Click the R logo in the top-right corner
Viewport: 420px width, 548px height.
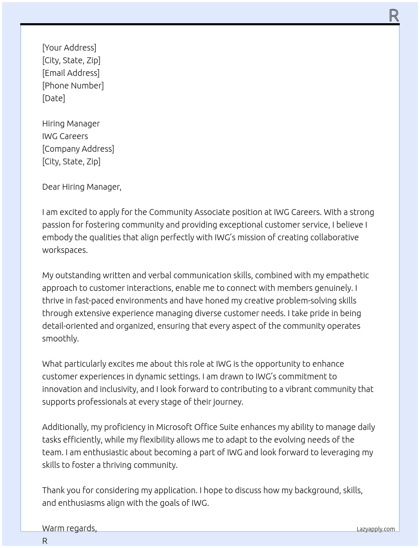(x=394, y=16)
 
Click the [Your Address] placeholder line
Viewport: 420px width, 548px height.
(x=69, y=48)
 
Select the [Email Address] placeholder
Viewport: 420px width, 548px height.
(x=71, y=73)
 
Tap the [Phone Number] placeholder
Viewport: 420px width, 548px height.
(x=73, y=86)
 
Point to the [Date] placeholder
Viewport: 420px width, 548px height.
(x=54, y=98)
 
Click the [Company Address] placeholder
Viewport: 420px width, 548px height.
(x=78, y=149)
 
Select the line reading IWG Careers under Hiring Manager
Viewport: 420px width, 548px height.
(x=65, y=136)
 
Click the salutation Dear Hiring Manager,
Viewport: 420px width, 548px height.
(x=82, y=187)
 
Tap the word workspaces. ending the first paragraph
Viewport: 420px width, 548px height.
(x=65, y=250)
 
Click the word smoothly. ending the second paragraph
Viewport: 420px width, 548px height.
(x=60, y=338)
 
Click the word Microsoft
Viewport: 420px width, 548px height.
(x=175, y=427)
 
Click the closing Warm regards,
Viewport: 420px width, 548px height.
(x=70, y=528)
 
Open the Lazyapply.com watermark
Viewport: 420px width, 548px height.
(x=376, y=529)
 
